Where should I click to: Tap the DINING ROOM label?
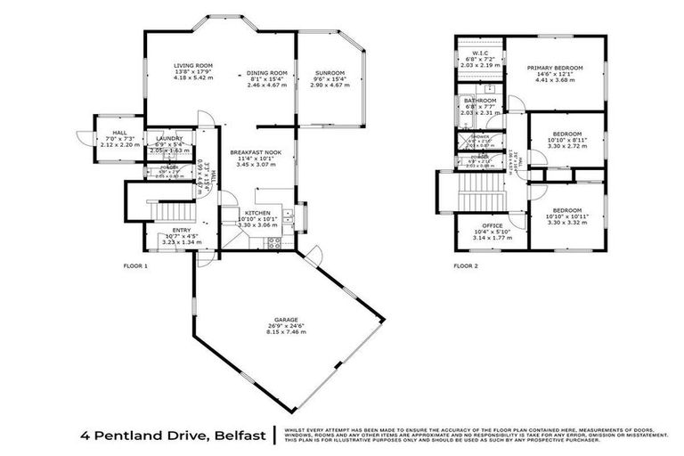point(267,72)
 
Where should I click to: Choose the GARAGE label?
point(287,318)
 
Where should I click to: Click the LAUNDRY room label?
point(169,139)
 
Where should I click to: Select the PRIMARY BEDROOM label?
point(554,68)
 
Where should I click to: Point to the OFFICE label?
point(493,225)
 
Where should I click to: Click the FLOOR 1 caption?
point(135,266)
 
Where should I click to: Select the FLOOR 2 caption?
point(466,266)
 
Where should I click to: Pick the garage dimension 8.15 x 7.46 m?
point(287,332)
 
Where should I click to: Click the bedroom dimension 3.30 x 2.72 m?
point(566,145)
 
